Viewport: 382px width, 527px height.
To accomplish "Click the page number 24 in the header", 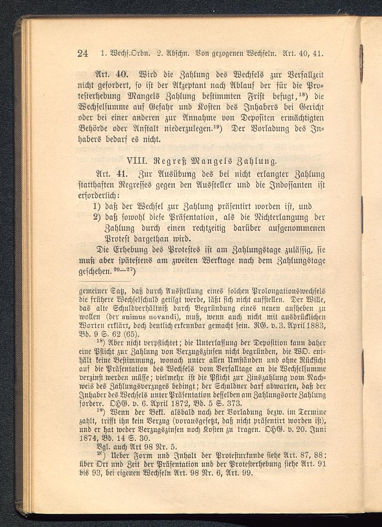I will click(83, 53).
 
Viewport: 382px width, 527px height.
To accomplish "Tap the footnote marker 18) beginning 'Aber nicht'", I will click(100, 341).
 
